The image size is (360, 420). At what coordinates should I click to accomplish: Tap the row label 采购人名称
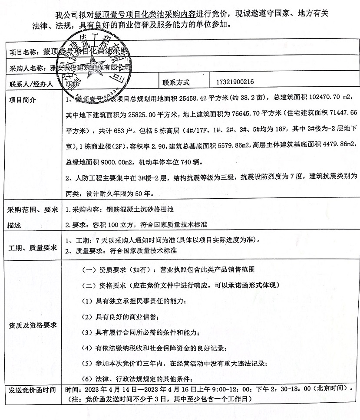coord(27,68)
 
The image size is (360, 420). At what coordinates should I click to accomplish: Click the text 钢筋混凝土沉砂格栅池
coord(140,210)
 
